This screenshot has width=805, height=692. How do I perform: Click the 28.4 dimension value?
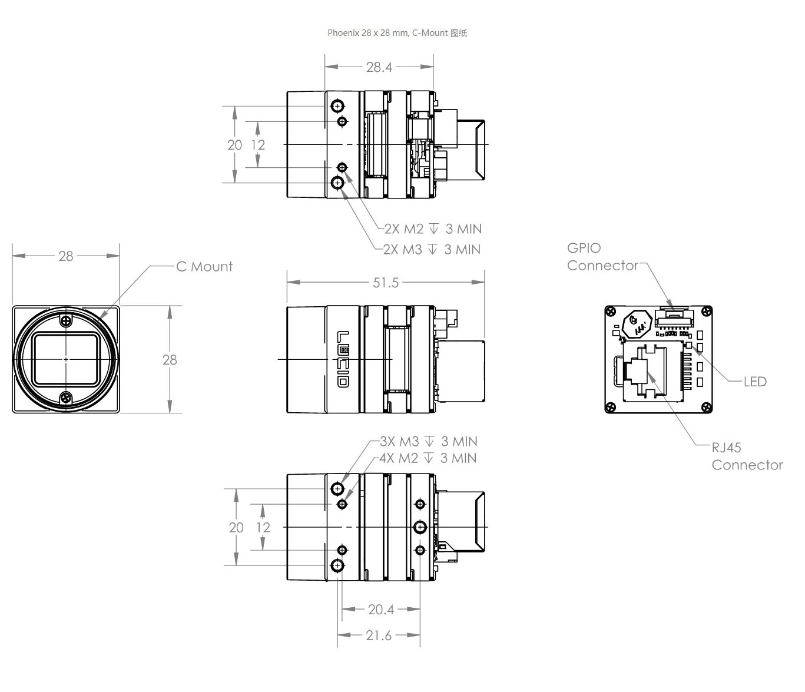[x=379, y=67]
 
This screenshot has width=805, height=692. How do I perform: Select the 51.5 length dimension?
[x=386, y=283]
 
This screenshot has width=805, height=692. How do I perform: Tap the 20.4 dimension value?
[x=381, y=610]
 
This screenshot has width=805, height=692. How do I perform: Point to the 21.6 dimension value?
[x=379, y=635]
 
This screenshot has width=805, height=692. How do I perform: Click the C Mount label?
[x=204, y=267]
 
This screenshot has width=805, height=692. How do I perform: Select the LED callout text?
[x=755, y=382]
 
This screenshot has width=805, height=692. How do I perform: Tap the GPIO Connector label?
[x=602, y=257]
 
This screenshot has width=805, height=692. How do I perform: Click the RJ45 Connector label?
[x=747, y=456]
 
